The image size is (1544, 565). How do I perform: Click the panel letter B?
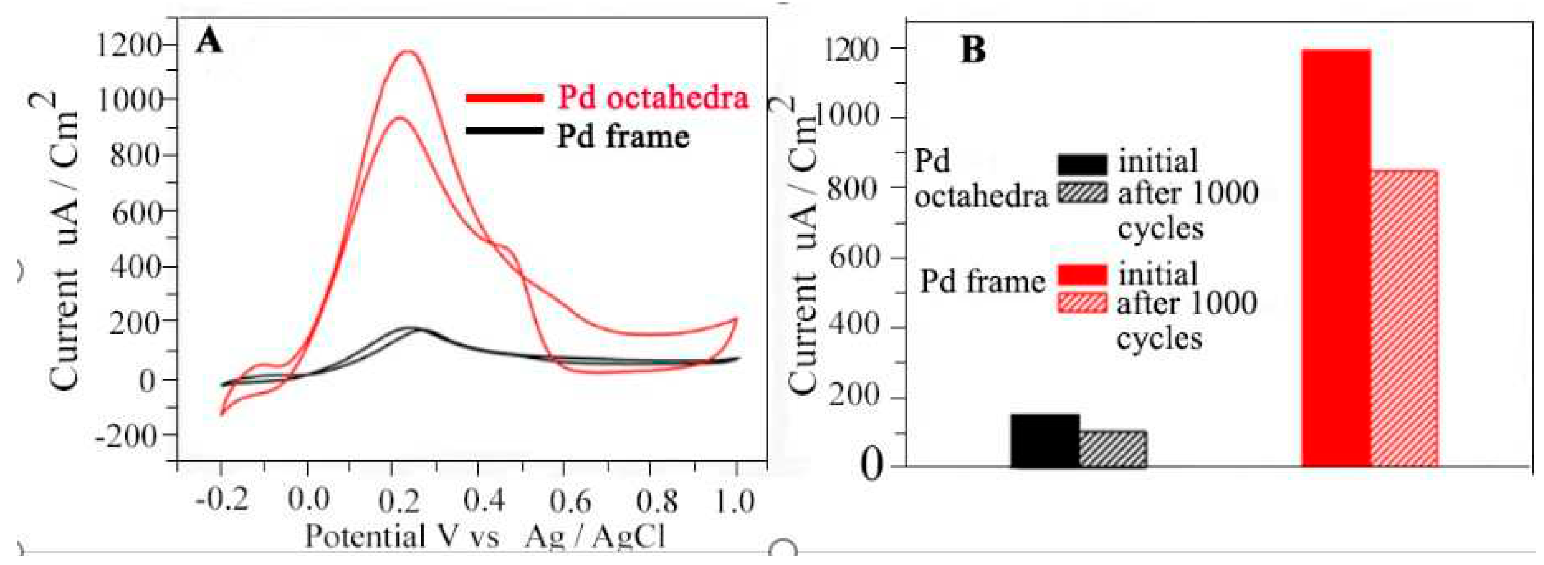[973, 50]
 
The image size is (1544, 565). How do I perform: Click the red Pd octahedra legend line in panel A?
[505, 98]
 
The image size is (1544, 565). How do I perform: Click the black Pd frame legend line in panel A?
[505, 130]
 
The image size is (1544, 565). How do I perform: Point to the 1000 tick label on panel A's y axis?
[131, 99]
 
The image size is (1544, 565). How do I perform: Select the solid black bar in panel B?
[1045, 441]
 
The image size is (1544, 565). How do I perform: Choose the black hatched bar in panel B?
[1113, 449]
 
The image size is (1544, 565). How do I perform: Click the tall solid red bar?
[1335, 258]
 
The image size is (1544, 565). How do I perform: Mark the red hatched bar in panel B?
[1404, 318]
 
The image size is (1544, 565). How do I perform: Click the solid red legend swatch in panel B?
[1082, 275]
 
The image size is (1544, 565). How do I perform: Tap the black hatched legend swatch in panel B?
[1082, 193]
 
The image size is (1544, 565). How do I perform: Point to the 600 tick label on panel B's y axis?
[853, 258]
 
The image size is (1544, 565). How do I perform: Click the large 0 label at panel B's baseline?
[872, 466]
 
